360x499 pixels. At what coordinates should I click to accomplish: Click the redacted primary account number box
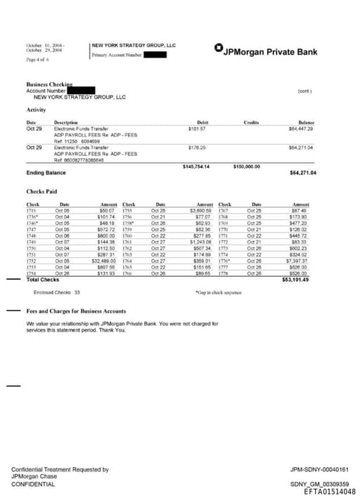[155, 54]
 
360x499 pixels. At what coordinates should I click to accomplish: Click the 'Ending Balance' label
[45, 172]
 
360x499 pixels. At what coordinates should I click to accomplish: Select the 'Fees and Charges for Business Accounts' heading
[76, 311]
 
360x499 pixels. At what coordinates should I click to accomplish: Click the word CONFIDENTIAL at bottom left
[33, 484]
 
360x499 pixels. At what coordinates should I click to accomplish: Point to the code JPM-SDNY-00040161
[319, 469]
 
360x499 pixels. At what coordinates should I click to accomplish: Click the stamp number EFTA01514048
[329, 492]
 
